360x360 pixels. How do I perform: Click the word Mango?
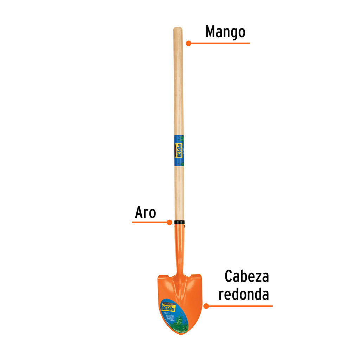[x=225, y=32]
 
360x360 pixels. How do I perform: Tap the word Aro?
[x=145, y=212]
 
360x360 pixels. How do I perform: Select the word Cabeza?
[x=247, y=276]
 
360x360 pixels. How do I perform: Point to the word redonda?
[x=244, y=294]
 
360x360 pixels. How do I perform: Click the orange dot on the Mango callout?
[x=188, y=43]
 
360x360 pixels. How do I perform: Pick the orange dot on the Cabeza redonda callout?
[x=206, y=306]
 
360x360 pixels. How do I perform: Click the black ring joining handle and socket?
[x=179, y=223]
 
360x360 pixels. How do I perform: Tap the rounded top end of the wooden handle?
[x=178, y=29]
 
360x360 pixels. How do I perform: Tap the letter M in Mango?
[x=211, y=32]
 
